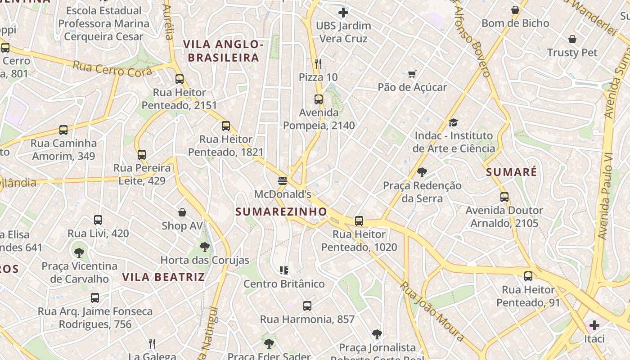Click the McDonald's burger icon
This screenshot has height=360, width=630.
click(283, 181)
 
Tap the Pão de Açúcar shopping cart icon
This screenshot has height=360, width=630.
click(412, 74)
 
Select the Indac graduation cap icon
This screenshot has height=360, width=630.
click(453, 122)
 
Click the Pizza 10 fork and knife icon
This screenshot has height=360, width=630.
click(318, 64)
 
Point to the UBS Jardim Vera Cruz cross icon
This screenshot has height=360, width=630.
click(343, 13)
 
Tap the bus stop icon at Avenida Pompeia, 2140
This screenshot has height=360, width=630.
click(319, 99)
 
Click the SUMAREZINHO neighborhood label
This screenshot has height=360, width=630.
click(281, 211)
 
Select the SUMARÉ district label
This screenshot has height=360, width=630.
click(512, 172)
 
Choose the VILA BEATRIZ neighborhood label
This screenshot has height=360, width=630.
click(164, 277)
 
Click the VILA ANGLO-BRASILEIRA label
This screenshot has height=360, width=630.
click(223, 51)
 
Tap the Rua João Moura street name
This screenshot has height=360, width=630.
click(432, 311)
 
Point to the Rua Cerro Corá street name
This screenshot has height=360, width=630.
click(112, 68)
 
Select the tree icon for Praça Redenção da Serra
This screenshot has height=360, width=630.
click(422, 172)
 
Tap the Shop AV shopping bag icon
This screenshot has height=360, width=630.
click(182, 212)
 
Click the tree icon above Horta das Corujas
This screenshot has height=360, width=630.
click(205, 247)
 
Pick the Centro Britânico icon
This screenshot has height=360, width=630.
click(284, 270)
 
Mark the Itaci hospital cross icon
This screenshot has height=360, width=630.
click(594, 325)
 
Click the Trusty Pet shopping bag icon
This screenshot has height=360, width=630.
click(572, 40)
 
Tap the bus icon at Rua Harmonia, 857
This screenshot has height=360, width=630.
click(307, 306)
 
